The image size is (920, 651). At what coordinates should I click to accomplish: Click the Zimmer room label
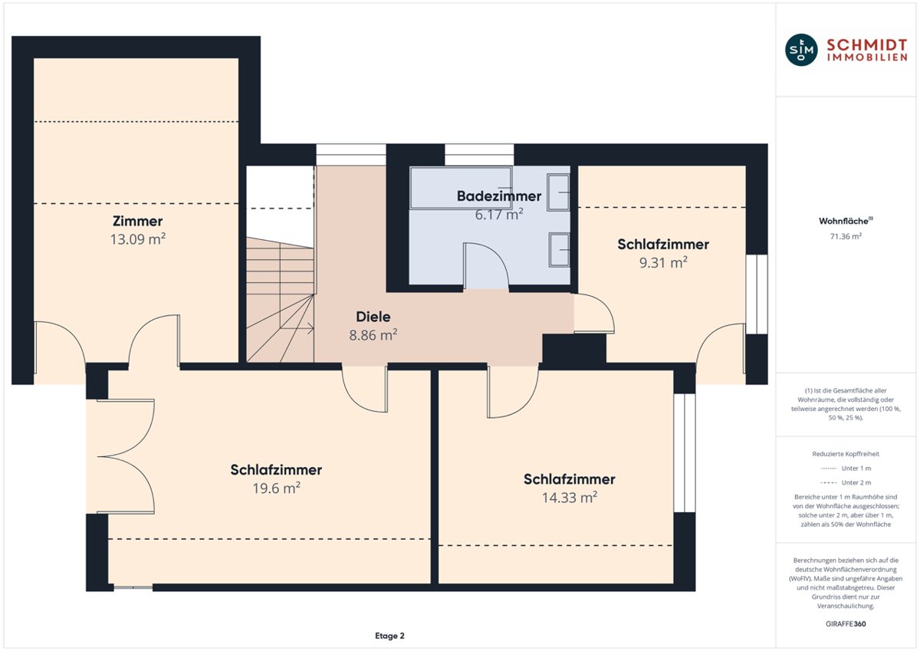(137, 221)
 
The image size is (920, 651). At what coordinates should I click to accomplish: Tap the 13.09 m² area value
(137, 239)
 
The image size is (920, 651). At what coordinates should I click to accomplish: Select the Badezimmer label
(499, 196)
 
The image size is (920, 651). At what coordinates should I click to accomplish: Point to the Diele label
(373, 317)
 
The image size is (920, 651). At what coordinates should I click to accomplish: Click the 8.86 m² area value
(373, 335)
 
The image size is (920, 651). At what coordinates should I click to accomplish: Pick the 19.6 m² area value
(276, 488)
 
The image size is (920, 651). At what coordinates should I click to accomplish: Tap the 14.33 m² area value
(569, 498)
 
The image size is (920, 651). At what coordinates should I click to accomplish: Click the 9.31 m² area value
(663, 262)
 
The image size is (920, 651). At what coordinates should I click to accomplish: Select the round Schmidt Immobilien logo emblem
(801, 50)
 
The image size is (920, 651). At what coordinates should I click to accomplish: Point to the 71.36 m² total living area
(846, 237)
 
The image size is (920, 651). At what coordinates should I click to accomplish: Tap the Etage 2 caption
(389, 636)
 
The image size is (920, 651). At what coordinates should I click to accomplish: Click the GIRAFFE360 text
(846, 624)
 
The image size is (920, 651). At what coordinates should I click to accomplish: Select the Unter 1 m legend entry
(846, 469)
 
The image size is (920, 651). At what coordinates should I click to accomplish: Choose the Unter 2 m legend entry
(846, 482)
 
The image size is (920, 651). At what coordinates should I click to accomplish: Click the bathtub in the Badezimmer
(461, 188)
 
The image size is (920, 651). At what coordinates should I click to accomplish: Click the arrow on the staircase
(297, 328)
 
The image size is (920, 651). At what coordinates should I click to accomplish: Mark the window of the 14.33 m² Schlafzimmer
(684, 452)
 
